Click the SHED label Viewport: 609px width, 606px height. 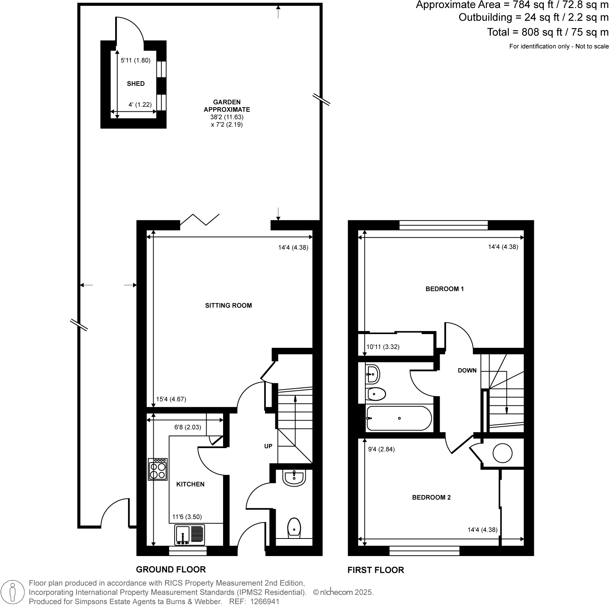pyautogui.click(x=136, y=84)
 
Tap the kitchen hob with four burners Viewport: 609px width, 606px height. pyautogui.click(x=158, y=469)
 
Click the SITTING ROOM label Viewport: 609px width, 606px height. pyautogui.click(x=228, y=305)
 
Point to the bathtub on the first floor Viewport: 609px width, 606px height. pyautogui.click(x=399, y=418)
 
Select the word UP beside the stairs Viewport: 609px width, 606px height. pyautogui.click(x=268, y=446)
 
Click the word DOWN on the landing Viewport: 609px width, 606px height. pyautogui.click(x=467, y=370)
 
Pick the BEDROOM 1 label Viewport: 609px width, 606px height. pyautogui.click(x=444, y=289)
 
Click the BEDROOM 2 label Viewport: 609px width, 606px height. pyautogui.click(x=431, y=497)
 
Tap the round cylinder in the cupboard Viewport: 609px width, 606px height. pyautogui.click(x=502, y=453)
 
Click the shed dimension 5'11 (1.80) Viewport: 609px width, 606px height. pyautogui.click(x=136, y=60)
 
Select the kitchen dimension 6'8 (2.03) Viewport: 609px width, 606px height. pyautogui.click(x=188, y=428)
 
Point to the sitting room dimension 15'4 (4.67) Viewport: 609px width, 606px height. pyautogui.click(x=171, y=399)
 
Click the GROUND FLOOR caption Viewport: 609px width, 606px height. pyautogui.click(x=171, y=569)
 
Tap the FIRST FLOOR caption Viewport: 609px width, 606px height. pyautogui.click(x=376, y=570)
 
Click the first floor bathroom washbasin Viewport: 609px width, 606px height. pyautogui.click(x=373, y=374)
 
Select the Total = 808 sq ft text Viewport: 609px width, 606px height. pyautogui.click(x=548, y=32)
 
